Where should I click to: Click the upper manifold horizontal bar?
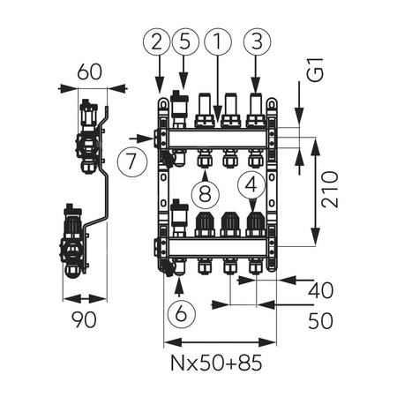point(217,138)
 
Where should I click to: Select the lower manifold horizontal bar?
point(217,244)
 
